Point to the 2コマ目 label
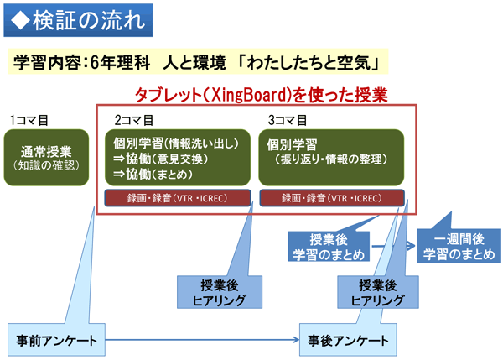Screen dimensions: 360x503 (x=134, y=120)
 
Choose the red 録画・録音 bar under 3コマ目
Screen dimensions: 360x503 (x=331, y=198)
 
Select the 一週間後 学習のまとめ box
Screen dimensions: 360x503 (x=459, y=247)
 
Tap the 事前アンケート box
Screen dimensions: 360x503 (x=56, y=341)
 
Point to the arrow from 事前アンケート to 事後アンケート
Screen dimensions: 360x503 (x=201, y=341)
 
